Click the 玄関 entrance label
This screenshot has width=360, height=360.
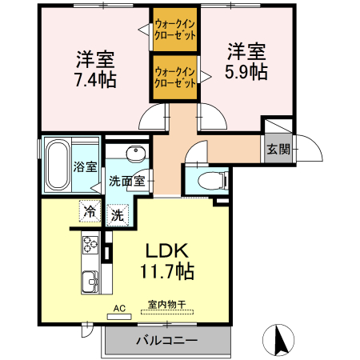coord(278,149)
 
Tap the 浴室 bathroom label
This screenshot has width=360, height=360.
coord(86,167)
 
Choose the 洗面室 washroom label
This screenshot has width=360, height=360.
coord(127,181)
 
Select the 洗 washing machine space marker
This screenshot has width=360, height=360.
coord(117,214)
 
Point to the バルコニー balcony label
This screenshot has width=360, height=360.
coord(166,341)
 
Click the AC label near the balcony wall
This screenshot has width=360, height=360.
coord(120,308)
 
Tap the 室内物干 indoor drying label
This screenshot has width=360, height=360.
coord(166,305)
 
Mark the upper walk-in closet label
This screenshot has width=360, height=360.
coord(175,29)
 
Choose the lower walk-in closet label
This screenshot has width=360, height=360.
coord(175,77)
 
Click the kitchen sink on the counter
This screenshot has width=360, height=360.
coord(89,282)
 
